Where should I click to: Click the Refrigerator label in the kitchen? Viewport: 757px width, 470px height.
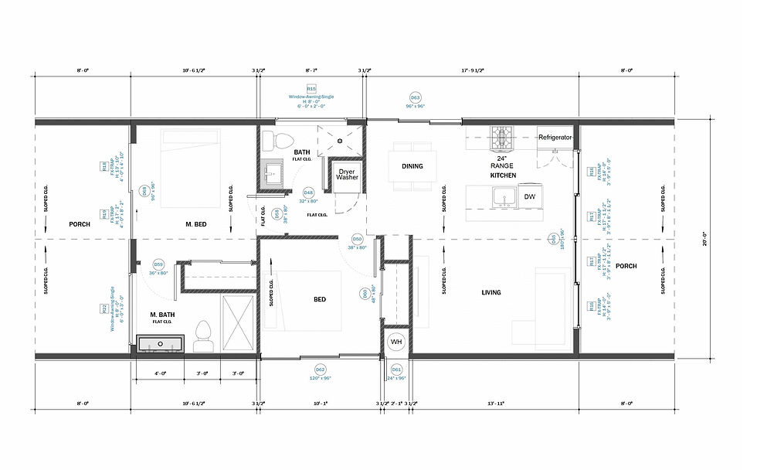pyautogui.click(x=555, y=137)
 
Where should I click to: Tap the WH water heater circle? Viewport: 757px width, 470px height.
pyautogui.click(x=396, y=341)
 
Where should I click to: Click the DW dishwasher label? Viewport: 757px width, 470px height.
pyautogui.click(x=529, y=197)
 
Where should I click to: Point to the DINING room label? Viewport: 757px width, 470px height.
pyautogui.click(x=412, y=166)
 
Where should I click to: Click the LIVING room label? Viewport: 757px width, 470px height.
pyautogui.click(x=491, y=292)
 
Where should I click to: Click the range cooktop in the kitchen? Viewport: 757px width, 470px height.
pyautogui.click(x=504, y=138)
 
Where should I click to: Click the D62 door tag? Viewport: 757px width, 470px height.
pyautogui.click(x=320, y=369)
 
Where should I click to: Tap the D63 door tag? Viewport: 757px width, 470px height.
pyautogui.click(x=415, y=97)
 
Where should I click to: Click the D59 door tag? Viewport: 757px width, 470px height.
pyautogui.click(x=158, y=264)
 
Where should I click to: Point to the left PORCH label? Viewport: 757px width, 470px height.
pyautogui.click(x=80, y=225)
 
